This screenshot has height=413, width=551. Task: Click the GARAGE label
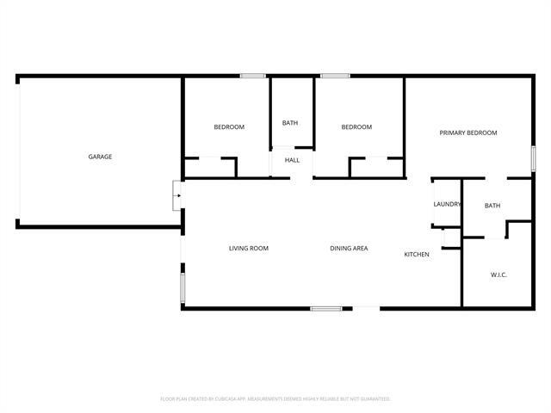coord(100,157)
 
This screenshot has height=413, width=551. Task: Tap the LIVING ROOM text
coord(248,249)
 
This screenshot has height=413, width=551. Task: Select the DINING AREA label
coord(349,249)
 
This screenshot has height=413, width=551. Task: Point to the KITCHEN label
coord(417,255)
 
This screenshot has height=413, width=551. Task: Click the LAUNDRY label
coord(447,204)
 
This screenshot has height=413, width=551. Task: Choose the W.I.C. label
coord(498,274)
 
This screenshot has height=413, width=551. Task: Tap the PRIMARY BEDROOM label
coord(468,133)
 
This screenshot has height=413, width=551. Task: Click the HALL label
coord(292,160)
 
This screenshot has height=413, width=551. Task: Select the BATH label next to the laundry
coord(492,206)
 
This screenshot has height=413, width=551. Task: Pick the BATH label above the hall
coord(290,123)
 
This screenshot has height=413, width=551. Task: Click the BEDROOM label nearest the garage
coord(229,127)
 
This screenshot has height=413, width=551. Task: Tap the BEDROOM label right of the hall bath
coord(356,127)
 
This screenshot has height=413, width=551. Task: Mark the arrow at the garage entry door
coord(177,195)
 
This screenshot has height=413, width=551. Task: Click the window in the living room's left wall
coord(183,287)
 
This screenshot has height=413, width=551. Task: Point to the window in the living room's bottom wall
coord(326,307)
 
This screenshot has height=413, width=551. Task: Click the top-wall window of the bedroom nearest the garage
coord(252,77)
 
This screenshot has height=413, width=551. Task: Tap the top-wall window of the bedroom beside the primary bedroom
coord(335,77)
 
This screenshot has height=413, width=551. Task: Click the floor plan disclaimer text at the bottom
coord(275,399)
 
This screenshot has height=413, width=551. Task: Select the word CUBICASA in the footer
coord(232,399)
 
